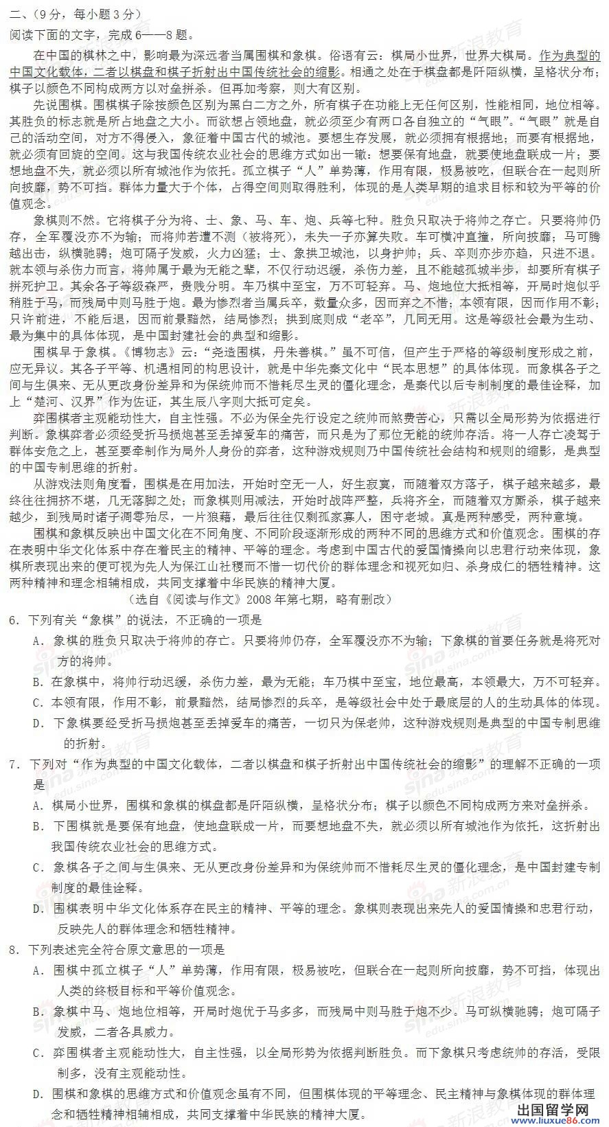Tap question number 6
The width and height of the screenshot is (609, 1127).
pyautogui.click(x=14, y=620)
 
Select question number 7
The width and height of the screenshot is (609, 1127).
pyautogui.click(x=14, y=764)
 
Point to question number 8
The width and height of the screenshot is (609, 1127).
pyautogui.click(x=14, y=950)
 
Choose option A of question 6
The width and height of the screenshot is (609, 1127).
pyautogui.click(x=38, y=641)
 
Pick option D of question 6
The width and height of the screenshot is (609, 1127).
pyautogui.click(x=38, y=723)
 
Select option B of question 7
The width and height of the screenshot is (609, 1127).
pyautogui.click(x=38, y=826)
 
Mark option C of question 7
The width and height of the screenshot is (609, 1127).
pyautogui.click(x=38, y=867)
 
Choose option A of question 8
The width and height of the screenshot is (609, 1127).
pyautogui.click(x=38, y=970)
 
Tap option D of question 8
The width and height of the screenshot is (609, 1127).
pyautogui.click(x=38, y=1094)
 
